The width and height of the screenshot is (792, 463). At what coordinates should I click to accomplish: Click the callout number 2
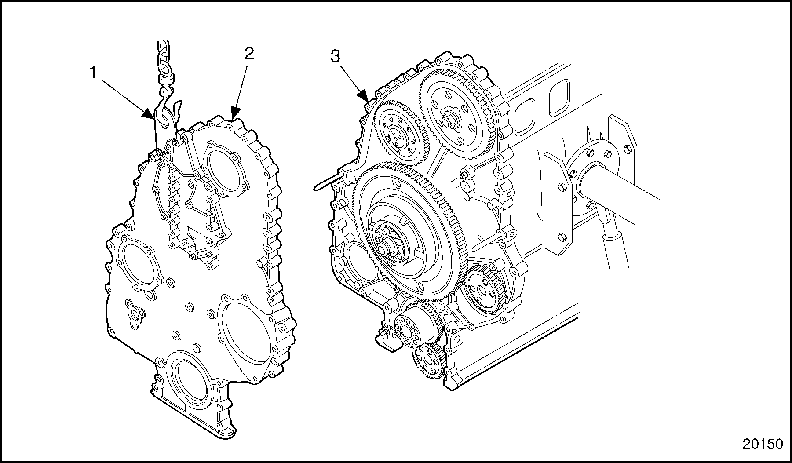pyautogui.click(x=248, y=54)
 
